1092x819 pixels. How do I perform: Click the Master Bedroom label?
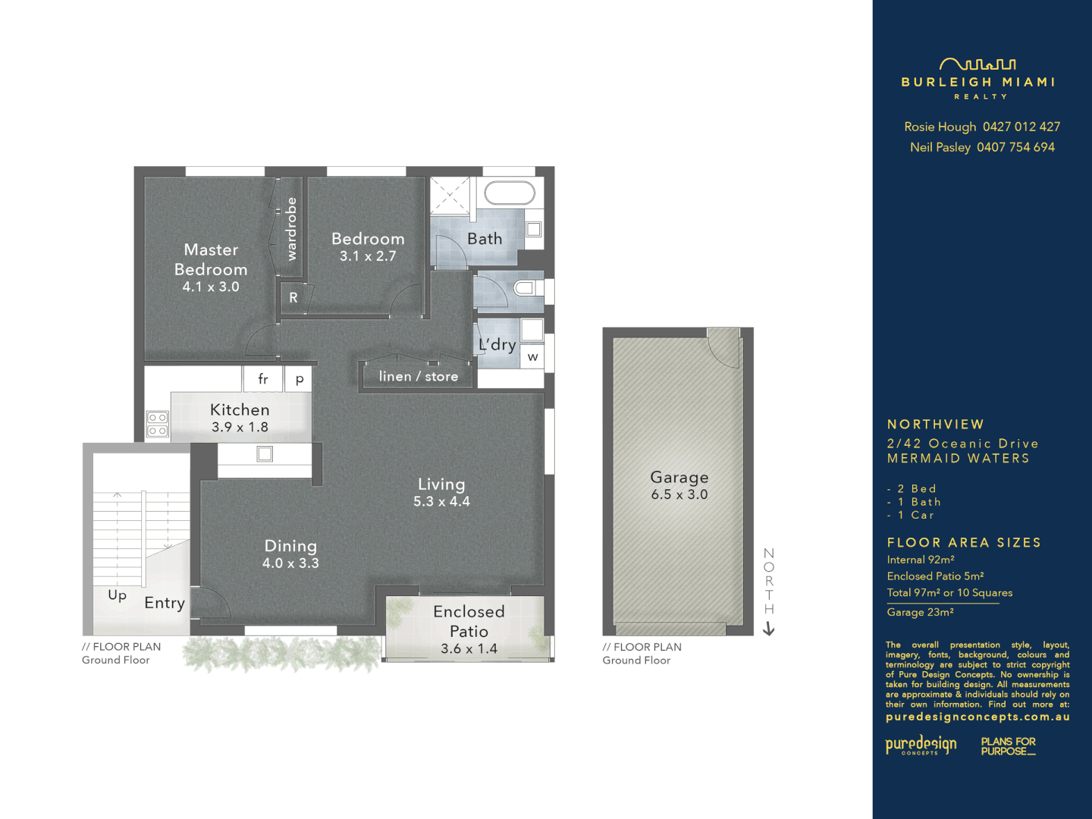point(211,259)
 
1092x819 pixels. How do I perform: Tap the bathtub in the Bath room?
point(510,193)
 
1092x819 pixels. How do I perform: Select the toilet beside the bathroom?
point(526,288)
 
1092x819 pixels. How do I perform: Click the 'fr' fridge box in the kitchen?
point(263,378)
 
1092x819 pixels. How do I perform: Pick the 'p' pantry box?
point(300,379)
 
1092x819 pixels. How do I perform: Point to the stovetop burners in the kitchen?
point(158,425)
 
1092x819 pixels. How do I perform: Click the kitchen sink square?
point(265,454)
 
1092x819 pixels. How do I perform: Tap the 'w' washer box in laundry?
point(533,357)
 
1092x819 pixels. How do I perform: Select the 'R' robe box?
point(293,298)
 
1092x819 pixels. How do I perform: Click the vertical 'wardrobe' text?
point(292,229)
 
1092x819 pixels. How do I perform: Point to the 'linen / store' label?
point(419,376)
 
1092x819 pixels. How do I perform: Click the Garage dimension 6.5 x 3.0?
point(679,494)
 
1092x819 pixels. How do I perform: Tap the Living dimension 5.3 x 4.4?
point(441,501)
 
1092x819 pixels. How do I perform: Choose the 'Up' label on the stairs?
point(118,595)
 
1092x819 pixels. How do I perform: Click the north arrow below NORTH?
point(769,629)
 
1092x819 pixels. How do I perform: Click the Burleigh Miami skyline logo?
point(977,64)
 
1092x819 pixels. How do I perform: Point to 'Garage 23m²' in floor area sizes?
point(921,612)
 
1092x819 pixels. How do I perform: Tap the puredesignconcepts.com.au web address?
point(977,717)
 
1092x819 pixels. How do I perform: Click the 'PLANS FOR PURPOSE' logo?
point(1008,746)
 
